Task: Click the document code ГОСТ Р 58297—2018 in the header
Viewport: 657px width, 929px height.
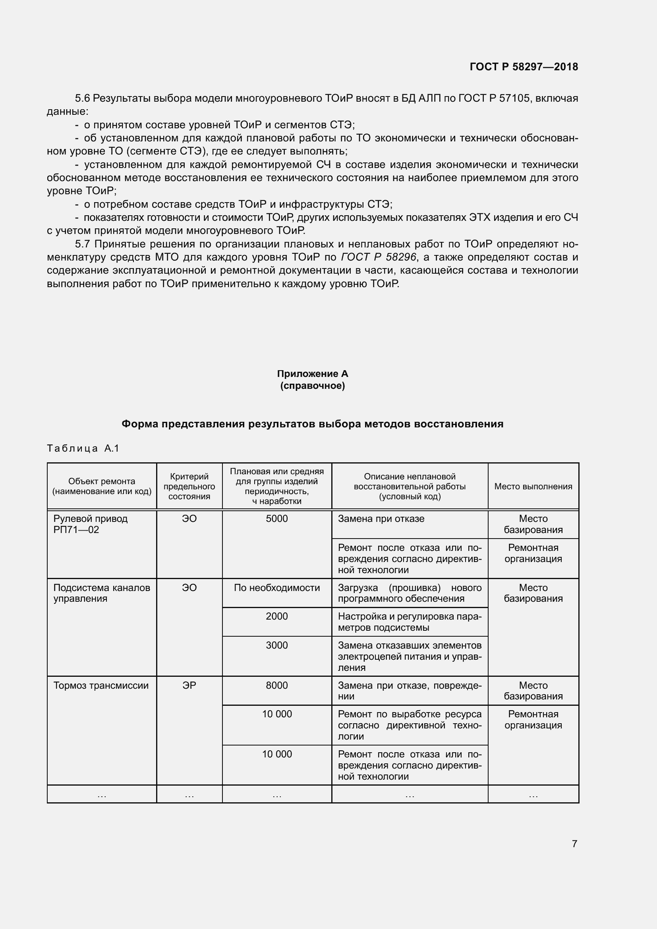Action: click(524, 67)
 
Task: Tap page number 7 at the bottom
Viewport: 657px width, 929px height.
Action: click(574, 844)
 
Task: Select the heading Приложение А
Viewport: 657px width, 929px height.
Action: click(312, 373)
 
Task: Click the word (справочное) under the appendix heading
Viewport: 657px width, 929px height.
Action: click(312, 386)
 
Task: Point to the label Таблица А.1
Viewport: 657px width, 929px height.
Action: click(83, 448)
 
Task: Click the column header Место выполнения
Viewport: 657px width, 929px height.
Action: click(533, 487)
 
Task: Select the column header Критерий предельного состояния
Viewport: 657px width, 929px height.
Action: click(189, 487)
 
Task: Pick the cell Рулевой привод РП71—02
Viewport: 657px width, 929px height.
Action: click(90, 524)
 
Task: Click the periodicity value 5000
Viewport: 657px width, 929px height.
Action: click(277, 519)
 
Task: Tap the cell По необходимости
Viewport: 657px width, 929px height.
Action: click(277, 587)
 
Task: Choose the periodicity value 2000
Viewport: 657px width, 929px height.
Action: click(277, 616)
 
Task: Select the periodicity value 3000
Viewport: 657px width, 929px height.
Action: click(277, 645)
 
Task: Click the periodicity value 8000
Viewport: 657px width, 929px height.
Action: click(277, 686)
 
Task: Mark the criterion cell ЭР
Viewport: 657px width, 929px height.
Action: click(189, 686)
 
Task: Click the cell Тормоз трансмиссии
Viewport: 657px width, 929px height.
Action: click(101, 686)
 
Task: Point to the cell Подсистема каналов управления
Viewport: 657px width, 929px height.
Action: click(101, 593)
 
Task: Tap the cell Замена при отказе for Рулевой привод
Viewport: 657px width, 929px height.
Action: click(381, 519)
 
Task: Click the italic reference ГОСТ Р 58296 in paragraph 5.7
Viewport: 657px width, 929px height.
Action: click(379, 257)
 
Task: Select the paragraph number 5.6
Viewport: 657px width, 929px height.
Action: click(82, 99)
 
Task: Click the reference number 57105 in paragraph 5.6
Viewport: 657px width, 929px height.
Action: click(514, 99)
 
